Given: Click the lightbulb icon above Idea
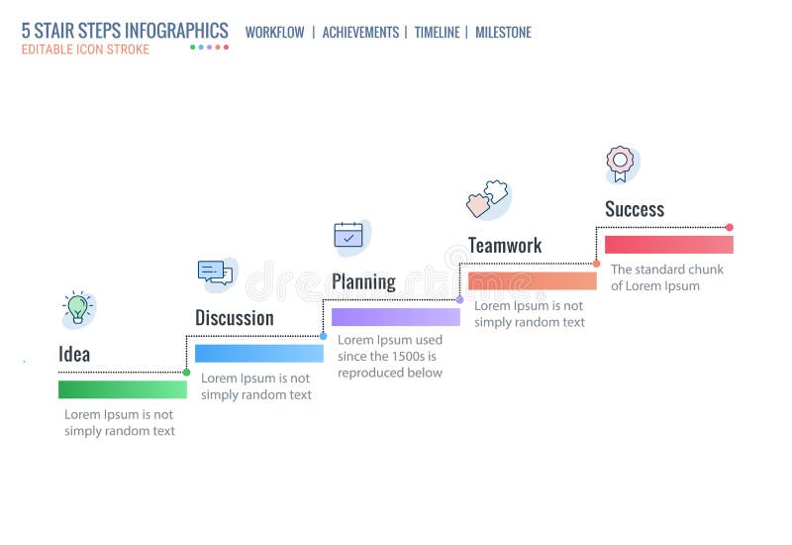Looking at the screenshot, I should pos(77,308).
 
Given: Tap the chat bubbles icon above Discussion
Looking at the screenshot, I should pos(215,272).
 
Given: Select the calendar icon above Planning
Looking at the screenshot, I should pos(348,235).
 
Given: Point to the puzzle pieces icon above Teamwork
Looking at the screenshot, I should pos(486,199).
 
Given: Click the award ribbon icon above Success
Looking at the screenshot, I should pos(621,163).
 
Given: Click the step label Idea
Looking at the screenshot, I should pos(74,354).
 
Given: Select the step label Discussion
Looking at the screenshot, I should pos(234,318).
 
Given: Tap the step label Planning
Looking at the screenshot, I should pos(363,281).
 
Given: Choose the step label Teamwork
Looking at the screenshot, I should pos(505,245).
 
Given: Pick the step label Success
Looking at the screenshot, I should pos(635,209).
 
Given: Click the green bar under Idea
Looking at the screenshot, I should pos(123,389).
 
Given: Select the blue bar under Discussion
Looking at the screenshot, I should pos(259,354).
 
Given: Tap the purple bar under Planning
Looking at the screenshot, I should pos(396,317).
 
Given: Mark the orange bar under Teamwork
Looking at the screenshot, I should pos(533,280).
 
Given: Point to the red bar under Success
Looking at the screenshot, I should pos(669,245).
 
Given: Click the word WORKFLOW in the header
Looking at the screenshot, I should pos(275,33).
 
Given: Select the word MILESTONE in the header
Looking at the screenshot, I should pos(503,33).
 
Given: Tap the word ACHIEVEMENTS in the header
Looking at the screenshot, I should pos(360,33).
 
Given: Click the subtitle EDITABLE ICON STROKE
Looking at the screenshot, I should pos(86,50).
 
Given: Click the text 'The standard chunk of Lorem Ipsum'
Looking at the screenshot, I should pos(666,277).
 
